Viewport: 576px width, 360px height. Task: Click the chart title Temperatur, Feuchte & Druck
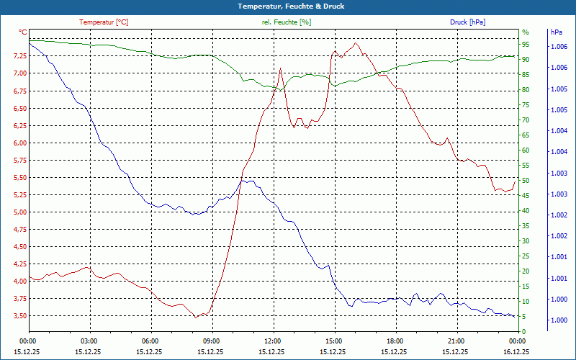tap(288, 6)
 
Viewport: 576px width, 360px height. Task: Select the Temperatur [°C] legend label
tap(104, 22)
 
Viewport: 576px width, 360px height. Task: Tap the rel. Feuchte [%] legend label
tap(287, 22)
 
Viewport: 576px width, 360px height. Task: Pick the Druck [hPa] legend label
tap(468, 22)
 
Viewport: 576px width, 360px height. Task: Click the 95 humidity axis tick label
tap(526, 45)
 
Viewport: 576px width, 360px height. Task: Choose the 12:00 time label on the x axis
tap(273, 341)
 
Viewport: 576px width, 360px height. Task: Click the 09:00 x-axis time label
tap(212, 341)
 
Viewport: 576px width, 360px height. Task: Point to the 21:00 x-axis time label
tap(456, 341)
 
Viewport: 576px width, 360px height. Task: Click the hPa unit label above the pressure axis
tap(557, 32)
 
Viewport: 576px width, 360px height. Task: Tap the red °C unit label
tap(22, 32)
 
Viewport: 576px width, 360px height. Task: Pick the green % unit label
tap(525, 32)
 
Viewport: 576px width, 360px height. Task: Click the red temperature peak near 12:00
tap(280, 69)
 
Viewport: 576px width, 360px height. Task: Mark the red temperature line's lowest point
tap(194, 318)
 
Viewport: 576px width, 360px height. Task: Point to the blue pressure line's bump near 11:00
tap(246, 181)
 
